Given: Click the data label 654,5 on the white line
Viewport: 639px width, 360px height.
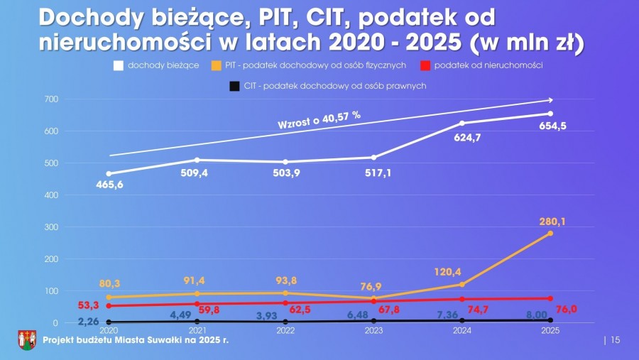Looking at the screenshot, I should [550, 127].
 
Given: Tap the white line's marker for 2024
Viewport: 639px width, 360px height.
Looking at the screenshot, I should [462, 123].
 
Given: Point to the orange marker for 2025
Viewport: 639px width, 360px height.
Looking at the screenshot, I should [550, 234].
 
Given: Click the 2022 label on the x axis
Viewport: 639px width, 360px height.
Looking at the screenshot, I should [285, 331].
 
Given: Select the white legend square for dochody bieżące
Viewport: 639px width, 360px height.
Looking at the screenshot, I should [119, 65].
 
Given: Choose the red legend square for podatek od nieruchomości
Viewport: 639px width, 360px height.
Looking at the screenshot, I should [425, 65].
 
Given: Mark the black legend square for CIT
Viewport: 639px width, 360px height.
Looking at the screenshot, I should [234, 87].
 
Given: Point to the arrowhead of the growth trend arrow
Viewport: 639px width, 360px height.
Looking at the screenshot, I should [550, 100].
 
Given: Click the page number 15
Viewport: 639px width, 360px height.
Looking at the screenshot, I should [615, 340].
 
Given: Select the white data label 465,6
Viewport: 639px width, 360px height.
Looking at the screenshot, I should [110, 185].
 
